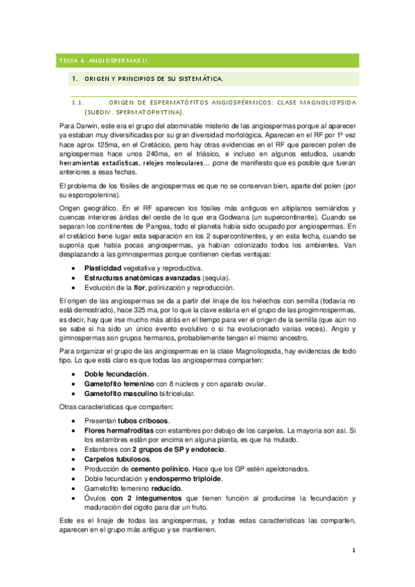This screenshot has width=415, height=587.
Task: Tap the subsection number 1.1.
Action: click(x=78, y=101)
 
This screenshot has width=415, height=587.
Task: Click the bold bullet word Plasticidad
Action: click(x=104, y=267)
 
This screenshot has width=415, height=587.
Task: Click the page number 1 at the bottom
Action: click(x=353, y=551)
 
